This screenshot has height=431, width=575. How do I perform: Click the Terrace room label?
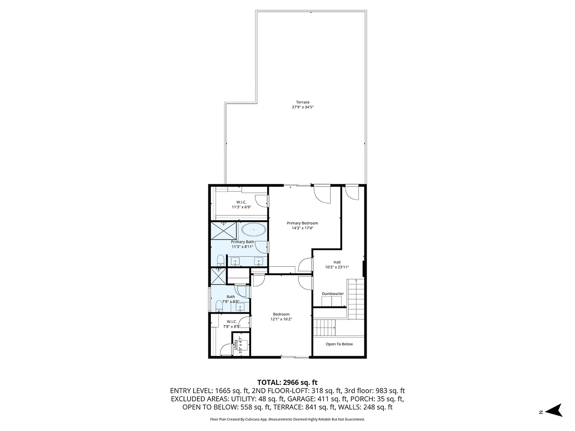(302, 102)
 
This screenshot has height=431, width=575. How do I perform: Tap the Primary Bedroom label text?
(302, 223)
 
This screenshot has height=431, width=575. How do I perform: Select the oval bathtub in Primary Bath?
(253, 230)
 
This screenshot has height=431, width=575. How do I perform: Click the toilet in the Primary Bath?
(220, 261)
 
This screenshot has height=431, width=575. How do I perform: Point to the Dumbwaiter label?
(333, 294)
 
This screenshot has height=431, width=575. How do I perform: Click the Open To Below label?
(339, 344)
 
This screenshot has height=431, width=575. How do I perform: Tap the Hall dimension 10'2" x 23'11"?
(337, 267)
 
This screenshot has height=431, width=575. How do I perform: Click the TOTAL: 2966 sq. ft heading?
(287, 382)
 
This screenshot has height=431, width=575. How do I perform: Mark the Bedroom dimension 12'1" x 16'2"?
(281, 319)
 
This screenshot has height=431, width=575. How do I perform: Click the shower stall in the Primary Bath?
(224, 231)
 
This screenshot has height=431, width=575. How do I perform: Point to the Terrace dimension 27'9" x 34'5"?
(302, 107)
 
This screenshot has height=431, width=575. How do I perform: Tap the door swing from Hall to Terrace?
(351, 193)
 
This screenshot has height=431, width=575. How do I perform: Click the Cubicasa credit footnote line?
(287, 419)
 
